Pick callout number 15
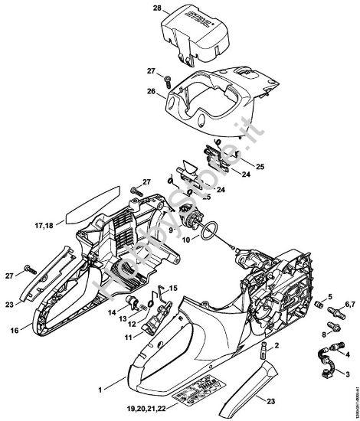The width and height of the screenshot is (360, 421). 174,287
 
